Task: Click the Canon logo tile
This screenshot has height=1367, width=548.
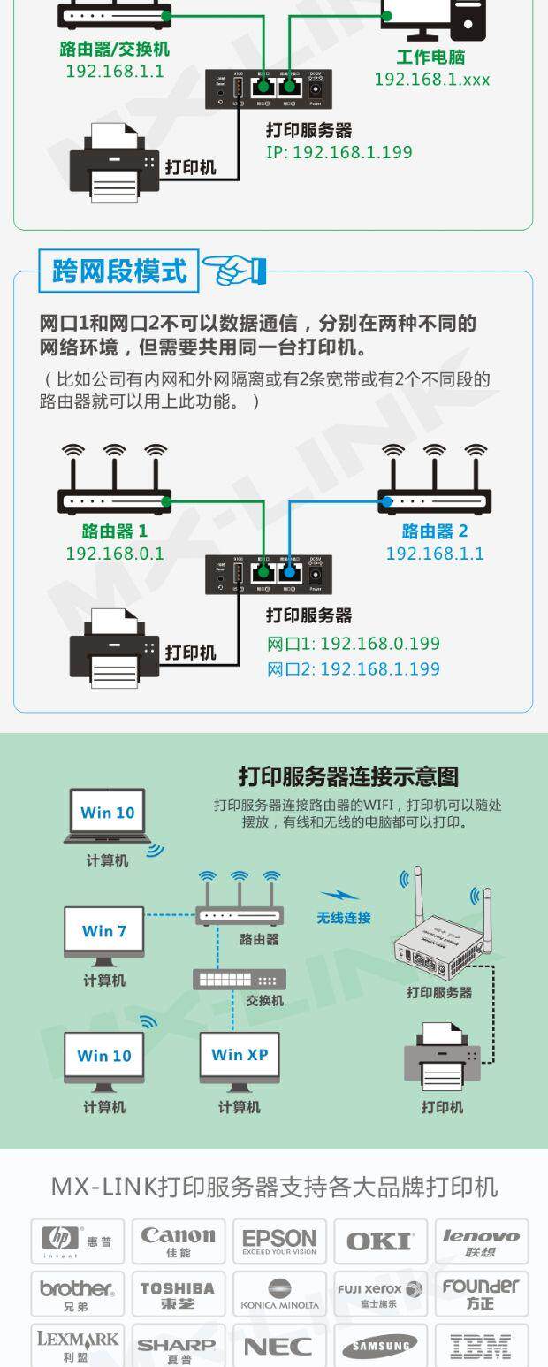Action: tap(179, 1241)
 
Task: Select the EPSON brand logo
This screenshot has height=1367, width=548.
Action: tap(279, 1241)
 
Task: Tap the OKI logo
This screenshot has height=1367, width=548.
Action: tap(379, 1241)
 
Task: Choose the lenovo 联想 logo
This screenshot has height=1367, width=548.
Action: tap(481, 1241)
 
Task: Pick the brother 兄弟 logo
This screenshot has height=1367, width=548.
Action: tap(77, 1294)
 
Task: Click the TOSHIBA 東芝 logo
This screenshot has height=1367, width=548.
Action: tap(179, 1294)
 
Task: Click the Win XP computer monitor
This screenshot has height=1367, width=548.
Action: tap(239, 1056)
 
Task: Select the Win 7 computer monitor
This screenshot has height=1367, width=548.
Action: tap(104, 932)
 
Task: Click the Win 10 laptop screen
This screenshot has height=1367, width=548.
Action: tap(108, 813)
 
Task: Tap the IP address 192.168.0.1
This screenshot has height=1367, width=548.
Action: tap(115, 554)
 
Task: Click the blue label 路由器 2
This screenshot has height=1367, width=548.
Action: tap(435, 531)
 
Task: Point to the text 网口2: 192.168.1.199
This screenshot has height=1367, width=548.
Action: tap(354, 668)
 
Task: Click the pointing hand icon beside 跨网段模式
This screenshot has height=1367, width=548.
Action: tap(233, 269)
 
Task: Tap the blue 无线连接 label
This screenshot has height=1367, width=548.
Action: tap(344, 918)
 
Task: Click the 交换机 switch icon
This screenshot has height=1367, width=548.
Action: tap(240, 979)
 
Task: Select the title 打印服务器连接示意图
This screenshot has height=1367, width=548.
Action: tap(348, 776)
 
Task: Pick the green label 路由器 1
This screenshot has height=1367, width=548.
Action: tap(115, 531)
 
